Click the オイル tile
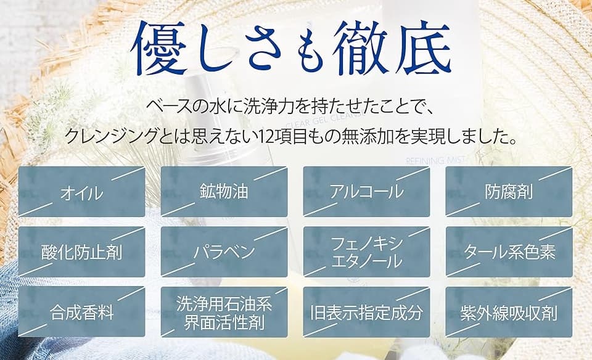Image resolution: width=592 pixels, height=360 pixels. tap(81, 192)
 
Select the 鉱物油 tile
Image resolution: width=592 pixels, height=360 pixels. tap(224, 192)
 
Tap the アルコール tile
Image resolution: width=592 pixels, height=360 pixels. tap(366, 192)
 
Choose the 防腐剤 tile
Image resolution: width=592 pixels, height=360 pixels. tap(509, 192)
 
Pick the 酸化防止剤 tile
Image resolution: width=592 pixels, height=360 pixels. tap(81, 252)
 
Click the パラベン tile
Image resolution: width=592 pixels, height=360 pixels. tap(224, 252)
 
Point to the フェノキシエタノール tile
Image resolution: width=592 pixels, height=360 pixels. tap(366, 252)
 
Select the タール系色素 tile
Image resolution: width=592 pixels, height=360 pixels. tap(509, 252)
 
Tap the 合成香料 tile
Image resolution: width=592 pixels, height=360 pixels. tap(81, 312)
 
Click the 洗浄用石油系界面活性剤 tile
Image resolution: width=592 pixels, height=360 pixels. tap(224, 312)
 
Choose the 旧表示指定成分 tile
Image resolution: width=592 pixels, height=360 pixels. tap(366, 312)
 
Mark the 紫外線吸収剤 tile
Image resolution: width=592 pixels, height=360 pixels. tap(509, 312)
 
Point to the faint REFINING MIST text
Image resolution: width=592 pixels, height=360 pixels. tap(435, 160)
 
